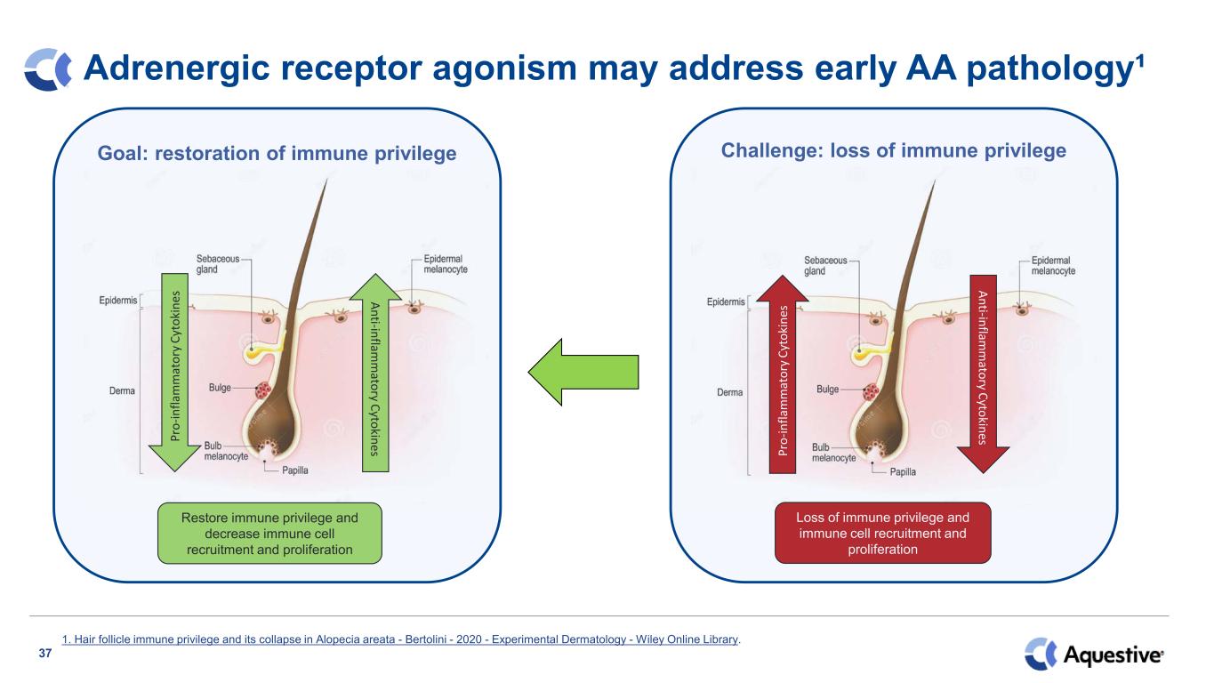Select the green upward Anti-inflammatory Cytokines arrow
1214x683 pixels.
coord(375,374)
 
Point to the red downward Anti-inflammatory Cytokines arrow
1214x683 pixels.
coord(983,374)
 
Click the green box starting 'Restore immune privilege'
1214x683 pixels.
coord(269,534)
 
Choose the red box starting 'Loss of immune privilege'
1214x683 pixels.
coord(882,534)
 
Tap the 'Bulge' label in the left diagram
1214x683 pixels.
coord(221,389)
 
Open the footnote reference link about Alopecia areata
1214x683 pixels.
coord(401,639)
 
